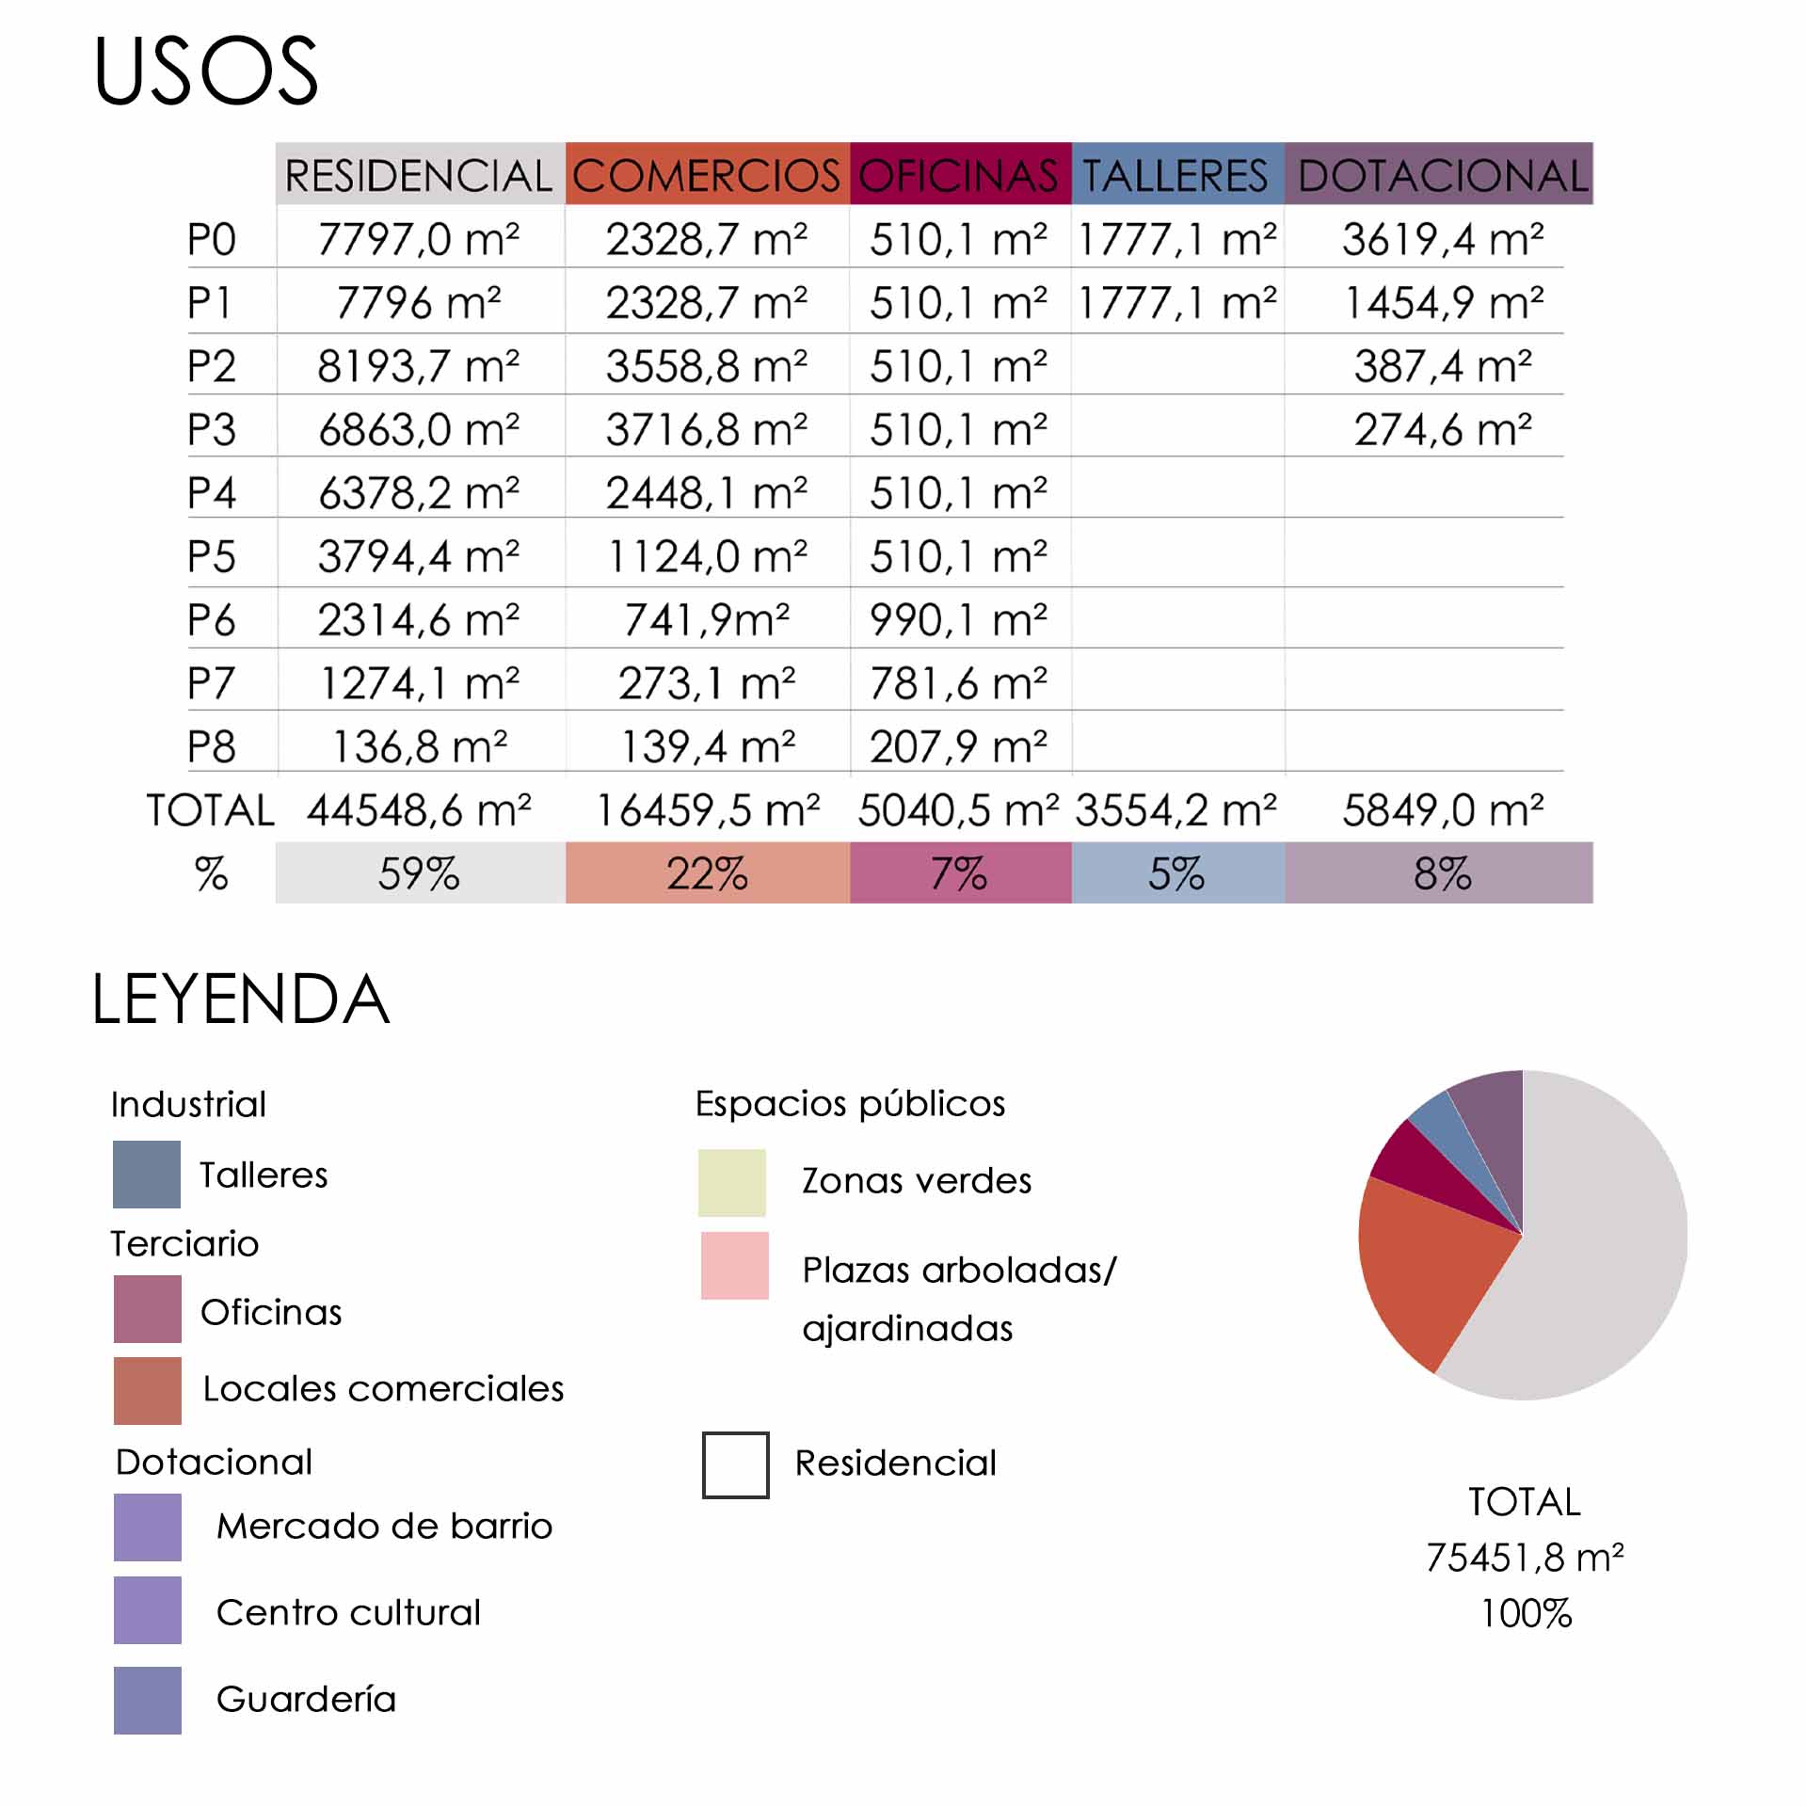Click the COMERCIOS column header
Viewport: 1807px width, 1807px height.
click(x=706, y=175)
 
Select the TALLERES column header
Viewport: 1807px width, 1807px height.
click(x=1176, y=175)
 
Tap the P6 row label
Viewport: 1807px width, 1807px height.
click(x=211, y=620)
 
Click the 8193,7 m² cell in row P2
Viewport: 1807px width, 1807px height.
click(x=419, y=366)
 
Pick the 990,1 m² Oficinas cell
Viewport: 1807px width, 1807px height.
click(x=958, y=620)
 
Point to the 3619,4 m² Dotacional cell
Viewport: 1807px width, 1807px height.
click(x=1442, y=239)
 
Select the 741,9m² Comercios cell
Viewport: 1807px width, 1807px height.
click(x=707, y=620)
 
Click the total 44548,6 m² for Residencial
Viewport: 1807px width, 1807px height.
click(x=419, y=810)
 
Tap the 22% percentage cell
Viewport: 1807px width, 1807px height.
click(x=707, y=873)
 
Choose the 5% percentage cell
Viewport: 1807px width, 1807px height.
click(x=1176, y=873)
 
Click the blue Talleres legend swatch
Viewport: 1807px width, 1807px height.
click(x=147, y=1175)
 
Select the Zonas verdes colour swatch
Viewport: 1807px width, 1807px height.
click(x=732, y=1183)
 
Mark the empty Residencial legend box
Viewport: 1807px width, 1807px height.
click(x=736, y=1465)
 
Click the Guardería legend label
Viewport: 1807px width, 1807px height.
click(x=306, y=1699)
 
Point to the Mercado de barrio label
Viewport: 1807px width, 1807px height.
click(x=384, y=1526)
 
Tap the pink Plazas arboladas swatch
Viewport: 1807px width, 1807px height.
click(x=735, y=1266)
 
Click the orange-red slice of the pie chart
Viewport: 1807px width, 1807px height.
click(x=1421, y=1271)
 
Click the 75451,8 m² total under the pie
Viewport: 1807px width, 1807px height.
click(x=1525, y=1558)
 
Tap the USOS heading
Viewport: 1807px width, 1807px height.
click(x=206, y=71)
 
